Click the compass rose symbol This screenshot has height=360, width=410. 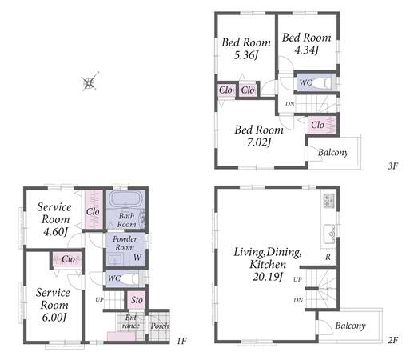90,82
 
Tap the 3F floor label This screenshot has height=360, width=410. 392,166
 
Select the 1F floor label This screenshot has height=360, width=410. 181,341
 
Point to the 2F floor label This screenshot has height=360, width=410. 392,340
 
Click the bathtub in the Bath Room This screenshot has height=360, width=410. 125,198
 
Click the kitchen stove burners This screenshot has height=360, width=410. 329,201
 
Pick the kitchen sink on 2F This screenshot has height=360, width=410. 329,234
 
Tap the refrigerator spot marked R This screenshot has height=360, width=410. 328,257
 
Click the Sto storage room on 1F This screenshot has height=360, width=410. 137,300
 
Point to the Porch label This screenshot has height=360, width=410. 160,326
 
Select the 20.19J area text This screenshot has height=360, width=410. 267,277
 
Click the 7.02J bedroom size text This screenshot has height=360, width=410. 259,142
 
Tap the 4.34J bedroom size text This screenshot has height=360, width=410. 307,50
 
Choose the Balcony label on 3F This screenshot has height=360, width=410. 333,153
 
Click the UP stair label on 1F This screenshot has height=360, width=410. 99,300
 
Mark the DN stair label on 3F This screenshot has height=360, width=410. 290,104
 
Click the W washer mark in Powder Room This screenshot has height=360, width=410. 137,258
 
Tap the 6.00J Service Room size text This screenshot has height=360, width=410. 54,318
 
